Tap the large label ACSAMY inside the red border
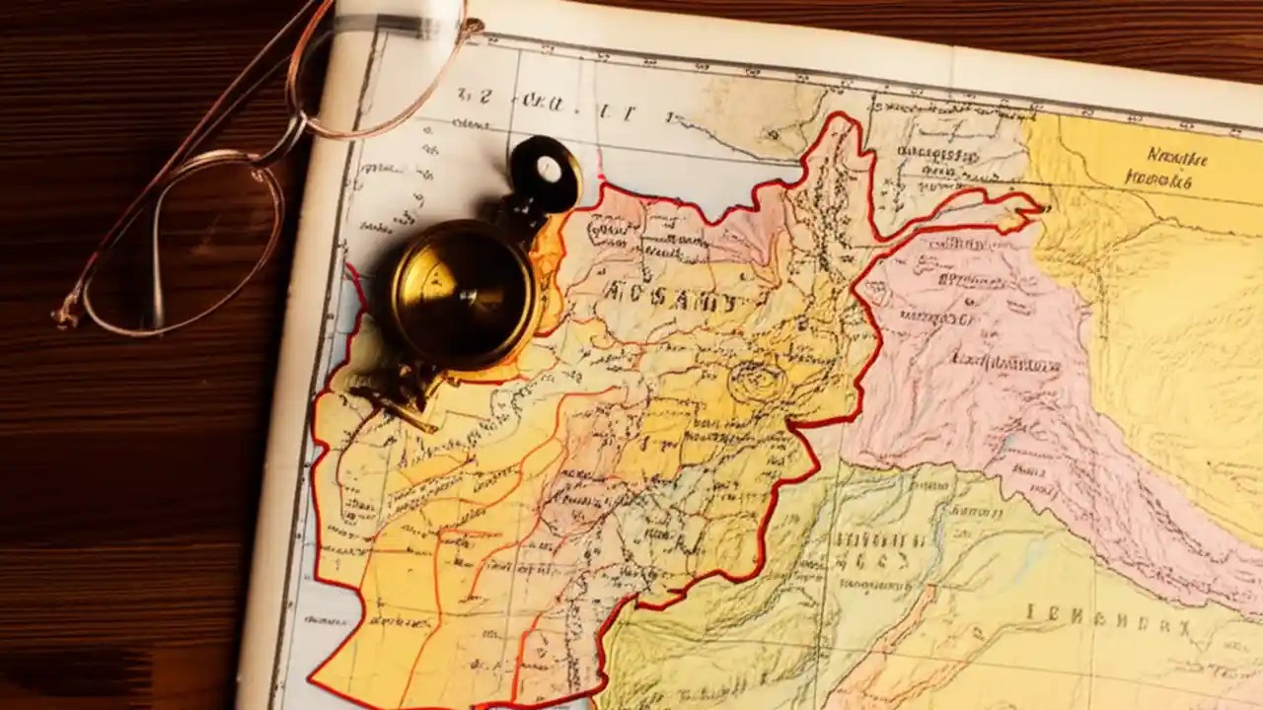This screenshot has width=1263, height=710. (670, 299)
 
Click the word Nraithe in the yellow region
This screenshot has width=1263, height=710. (1177, 155)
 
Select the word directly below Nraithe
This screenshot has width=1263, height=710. (1159, 180)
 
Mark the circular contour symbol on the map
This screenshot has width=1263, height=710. (757, 381)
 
